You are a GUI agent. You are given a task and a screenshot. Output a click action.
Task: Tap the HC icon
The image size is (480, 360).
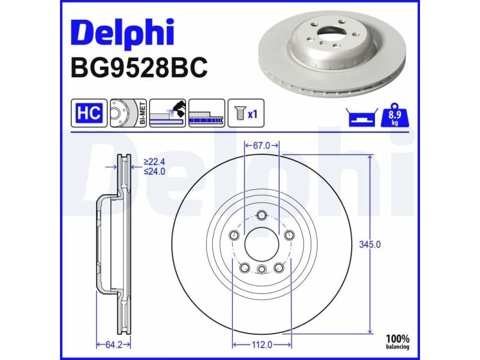[x=89, y=113]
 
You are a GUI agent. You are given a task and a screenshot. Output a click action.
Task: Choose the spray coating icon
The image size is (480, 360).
[x=167, y=113]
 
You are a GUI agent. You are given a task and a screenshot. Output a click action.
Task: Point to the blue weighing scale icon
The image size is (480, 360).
[x=361, y=117]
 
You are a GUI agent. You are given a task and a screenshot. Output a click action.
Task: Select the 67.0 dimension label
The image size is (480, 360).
[x=262, y=145]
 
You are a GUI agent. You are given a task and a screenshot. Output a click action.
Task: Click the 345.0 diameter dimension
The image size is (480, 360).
[x=369, y=244]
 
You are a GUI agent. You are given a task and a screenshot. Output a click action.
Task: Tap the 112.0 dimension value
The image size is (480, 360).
[x=262, y=344]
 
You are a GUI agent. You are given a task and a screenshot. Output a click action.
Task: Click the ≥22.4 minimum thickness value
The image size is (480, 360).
[x=154, y=162]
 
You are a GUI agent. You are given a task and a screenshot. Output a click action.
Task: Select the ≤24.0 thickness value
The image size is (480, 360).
[x=154, y=171]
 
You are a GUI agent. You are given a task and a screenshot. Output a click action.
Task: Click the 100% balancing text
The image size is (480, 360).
[x=398, y=341]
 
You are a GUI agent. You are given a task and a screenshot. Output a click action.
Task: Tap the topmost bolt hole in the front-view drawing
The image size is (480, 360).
[x=262, y=216]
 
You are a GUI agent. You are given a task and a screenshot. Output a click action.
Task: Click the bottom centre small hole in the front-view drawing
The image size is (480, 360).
[x=262, y=270]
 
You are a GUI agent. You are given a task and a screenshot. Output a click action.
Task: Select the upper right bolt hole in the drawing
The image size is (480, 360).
[x=289, y=235]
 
